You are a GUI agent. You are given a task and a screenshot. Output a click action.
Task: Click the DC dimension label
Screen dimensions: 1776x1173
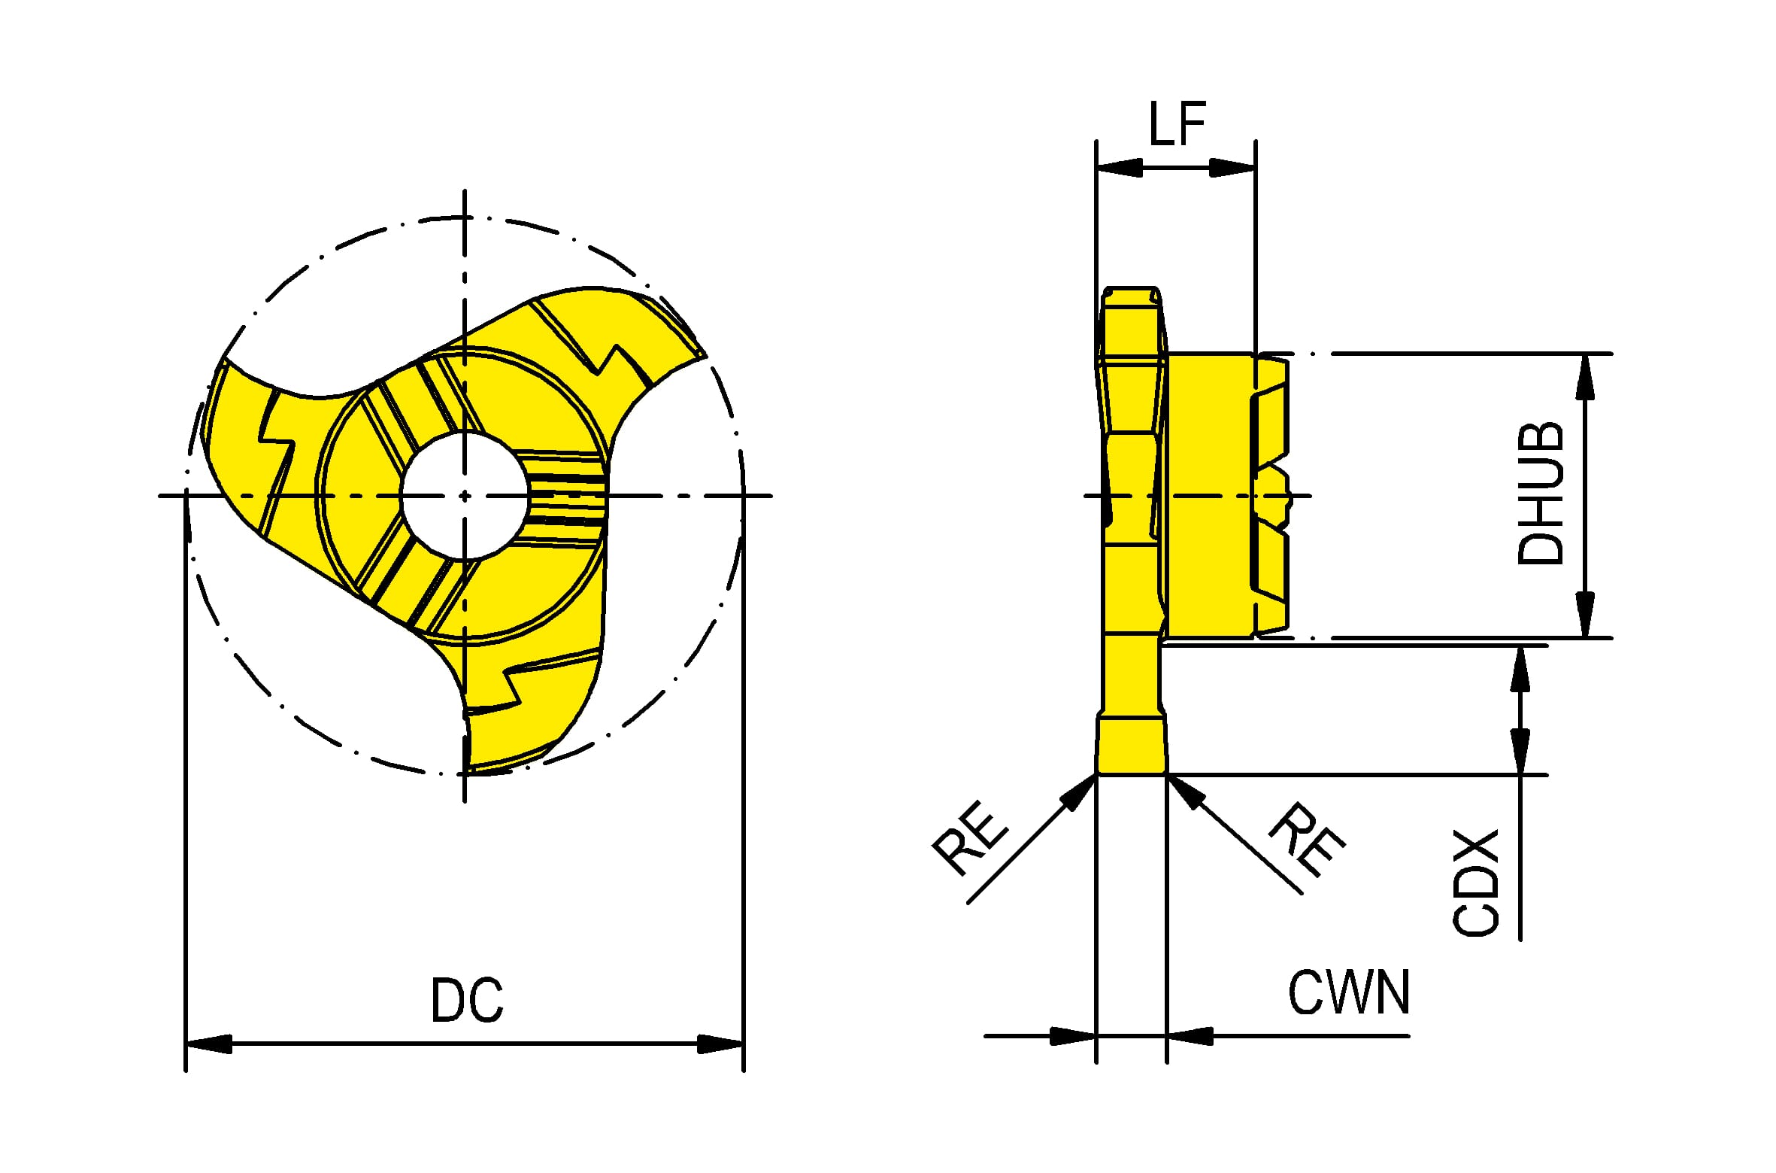point(466,1000)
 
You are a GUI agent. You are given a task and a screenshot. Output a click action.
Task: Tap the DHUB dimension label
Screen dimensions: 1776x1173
point(1539,494)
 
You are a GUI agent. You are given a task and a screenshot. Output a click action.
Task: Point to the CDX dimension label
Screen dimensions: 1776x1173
point(1475,883)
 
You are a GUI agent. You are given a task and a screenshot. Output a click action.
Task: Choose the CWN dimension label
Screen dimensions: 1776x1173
point(1349,992)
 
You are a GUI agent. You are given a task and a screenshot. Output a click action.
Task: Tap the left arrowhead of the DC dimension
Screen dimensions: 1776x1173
point(208,1044)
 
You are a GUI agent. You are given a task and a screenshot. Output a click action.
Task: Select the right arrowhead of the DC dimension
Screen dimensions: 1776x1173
point(720,1044)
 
